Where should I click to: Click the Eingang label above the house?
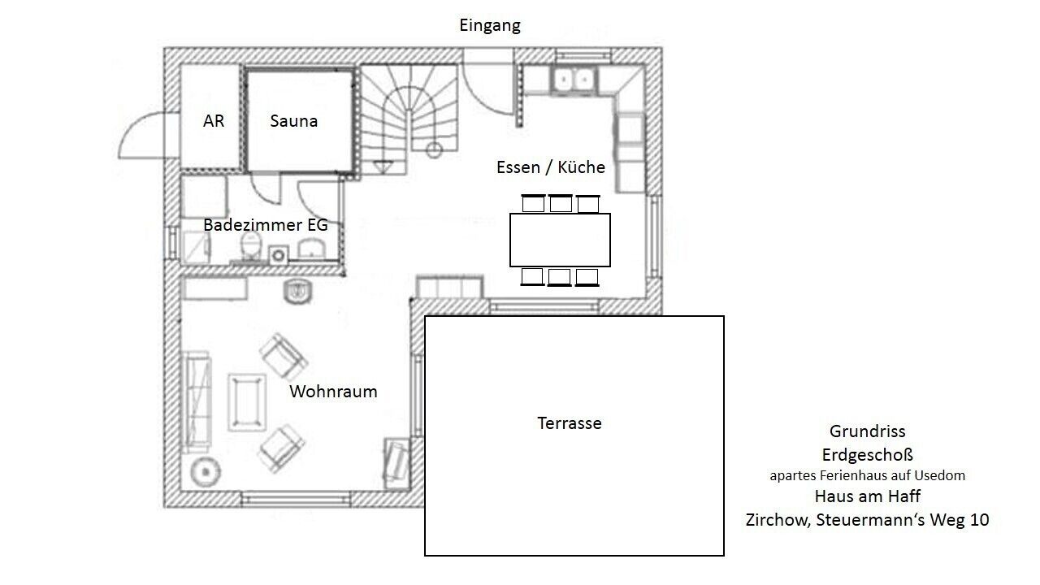pyautogui.click(x=490, y=25)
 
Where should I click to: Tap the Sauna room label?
pyautogui.click(x=294, y=121)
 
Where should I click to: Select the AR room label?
pyautogui.click(x=214, y=121)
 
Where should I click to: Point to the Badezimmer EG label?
pyautogui.click(x=266, y=225)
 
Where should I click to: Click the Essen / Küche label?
pyautogui.click(x=551, y=167)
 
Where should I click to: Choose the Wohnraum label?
pyautogui.click(x=333, y=392)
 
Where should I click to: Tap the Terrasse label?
pyautogui.click(x=570, y=423)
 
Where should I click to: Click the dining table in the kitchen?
pyautogui.click(x=560, y=240)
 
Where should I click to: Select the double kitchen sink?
pyautogui.click(x=574, y=80)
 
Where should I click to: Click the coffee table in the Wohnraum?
pyautogui.click(x=247, y=402)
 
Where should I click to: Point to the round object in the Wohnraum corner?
pyautogui.click(x=206, y=472)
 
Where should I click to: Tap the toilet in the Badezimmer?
pyautogui.click(x=251, y=246)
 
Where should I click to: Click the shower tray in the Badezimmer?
pyautogui.click(x=197, y=247)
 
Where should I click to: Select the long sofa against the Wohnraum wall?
pyautogui.click(x=197, y=401)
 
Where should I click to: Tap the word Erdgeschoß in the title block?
pyautogui.click(x=867, y=455)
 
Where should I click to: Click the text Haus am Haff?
pyautogui.click(x=867, y=496)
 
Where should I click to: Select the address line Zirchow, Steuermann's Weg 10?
pyautogui.click(x=867, y=519)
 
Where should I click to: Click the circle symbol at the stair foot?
pyautogui.click(x=434, y=150)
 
